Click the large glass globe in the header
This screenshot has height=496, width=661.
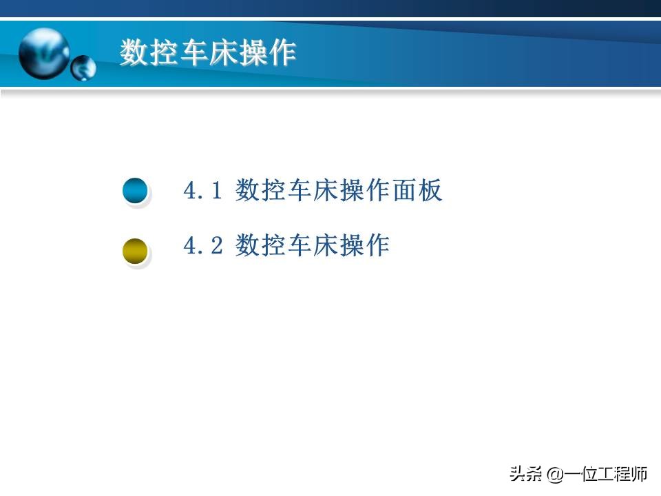coord(44,53)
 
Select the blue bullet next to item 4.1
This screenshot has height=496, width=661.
coord(135,191)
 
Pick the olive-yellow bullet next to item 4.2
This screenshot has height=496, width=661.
coord(135,251)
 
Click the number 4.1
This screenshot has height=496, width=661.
coord(203,191)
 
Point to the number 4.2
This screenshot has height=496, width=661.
coord(203,245)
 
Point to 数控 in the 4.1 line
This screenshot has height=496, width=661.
coord(261,191)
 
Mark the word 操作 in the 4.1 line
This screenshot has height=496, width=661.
coord(365,191)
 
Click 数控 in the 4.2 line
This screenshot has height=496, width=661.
coord(261,245)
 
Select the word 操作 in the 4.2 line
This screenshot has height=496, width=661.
coord(365,245)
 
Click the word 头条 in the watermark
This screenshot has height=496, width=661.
coord(525,474)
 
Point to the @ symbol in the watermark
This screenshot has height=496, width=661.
coord(555,474)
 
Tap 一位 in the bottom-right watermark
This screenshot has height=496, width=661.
coord(581,474)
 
